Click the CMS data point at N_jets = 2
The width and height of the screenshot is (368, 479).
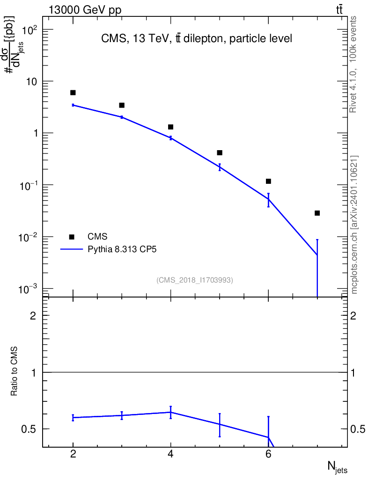click(73, 93)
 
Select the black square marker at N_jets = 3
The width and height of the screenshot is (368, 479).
click(122, 105)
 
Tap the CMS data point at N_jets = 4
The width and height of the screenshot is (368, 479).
click(171, 127)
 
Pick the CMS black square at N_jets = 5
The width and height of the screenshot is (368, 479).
click(220, 152)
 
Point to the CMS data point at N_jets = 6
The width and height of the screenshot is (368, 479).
click(268, 181)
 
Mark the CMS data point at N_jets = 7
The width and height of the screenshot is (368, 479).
click(317, 213)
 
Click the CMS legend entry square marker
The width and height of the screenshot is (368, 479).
click(72, 237)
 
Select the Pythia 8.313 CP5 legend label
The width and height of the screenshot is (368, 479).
click(122, 250)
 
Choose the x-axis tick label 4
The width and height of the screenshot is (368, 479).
click(171, 454)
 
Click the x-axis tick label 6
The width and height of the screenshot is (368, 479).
click(268, 454)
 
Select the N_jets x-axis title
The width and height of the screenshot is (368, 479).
click(337, 466)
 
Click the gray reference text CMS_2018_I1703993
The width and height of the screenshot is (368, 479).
click(195, 280)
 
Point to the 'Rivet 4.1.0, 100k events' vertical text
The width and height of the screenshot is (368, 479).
click(354, 64)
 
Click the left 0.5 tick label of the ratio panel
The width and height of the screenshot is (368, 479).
click(29, 429)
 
